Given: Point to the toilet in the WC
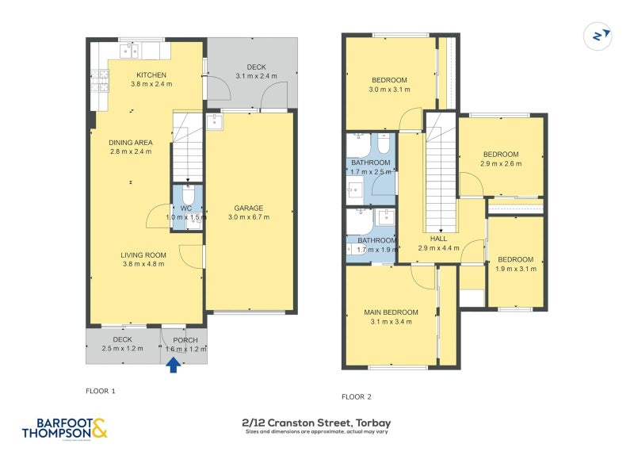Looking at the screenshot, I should (x=188, y=197).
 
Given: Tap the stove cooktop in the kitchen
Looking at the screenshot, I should (x=101, y=79).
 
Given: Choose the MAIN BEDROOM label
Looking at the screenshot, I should (x=389, y=311).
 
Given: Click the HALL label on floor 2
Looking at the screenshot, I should (x=438, y=238).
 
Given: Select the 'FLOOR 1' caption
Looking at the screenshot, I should (x=101, y=391).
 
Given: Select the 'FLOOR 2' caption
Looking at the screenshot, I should (x=357, y=396).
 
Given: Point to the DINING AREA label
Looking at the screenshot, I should (x=131, y=143).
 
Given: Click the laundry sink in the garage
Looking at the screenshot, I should (x=214, y=122).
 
